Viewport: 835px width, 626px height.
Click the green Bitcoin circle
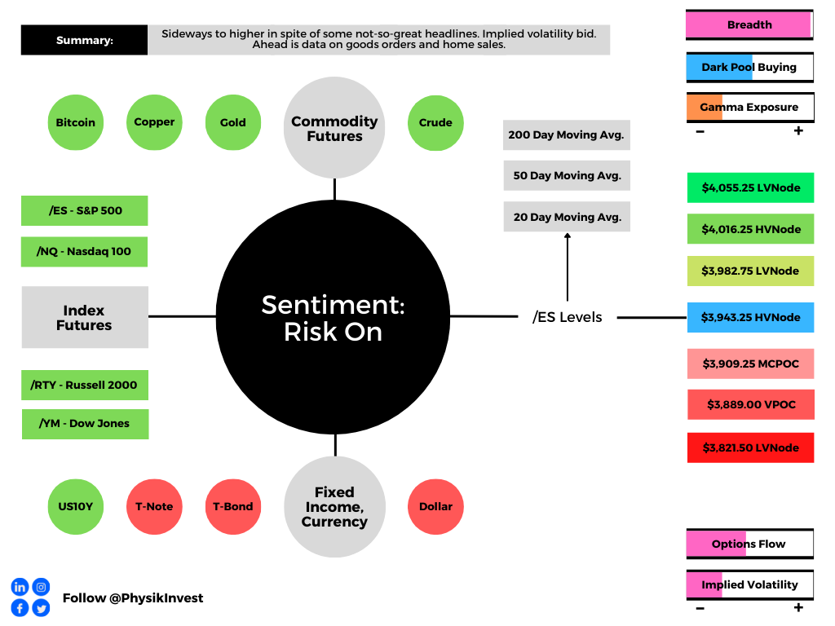coord(76,122)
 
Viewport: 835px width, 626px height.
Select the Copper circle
coord(154,122)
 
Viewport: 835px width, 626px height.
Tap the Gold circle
coord(233,122)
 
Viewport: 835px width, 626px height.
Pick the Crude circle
coord(435,123)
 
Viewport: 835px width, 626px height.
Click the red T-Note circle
coord(154,507)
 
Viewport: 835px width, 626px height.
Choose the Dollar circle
coord(435,507)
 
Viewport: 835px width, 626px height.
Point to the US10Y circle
coord(76,507)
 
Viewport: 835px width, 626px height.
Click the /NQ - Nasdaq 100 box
coord(84,252)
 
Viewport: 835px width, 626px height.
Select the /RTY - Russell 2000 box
coord(85,385)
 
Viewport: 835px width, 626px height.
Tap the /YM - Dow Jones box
coord(85,424)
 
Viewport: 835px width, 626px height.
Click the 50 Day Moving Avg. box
coord(567,176)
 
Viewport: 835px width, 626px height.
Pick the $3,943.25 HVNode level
coord(750,317)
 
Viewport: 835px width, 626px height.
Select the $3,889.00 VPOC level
coord(751,404)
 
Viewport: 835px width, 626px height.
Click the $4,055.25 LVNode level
coord(750,188)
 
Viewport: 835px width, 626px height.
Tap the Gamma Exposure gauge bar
coord(750,108)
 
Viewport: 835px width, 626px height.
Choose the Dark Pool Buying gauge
coord(750,67)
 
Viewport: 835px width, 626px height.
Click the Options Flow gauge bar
coord(750,544)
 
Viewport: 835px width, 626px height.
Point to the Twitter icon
coord(41,608)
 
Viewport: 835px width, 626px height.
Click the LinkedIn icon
coord(20,587)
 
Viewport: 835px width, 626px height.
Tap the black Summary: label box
coord(84,40)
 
